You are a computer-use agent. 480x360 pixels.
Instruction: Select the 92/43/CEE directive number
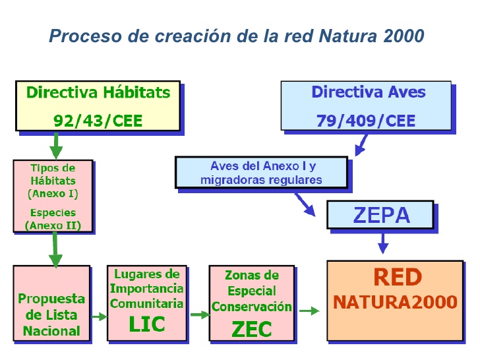pos(98,121)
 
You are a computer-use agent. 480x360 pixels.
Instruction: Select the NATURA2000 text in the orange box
pos(395,302)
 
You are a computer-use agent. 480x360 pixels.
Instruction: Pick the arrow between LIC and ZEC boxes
pos(198,315)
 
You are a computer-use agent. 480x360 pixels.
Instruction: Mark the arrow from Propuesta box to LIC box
pos(99,316)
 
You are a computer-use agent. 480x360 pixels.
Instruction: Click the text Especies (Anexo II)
pos(53,220)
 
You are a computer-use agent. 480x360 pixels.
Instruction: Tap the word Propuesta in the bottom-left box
pos(52,299)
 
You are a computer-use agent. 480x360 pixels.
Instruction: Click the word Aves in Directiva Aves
pos(405,92)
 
